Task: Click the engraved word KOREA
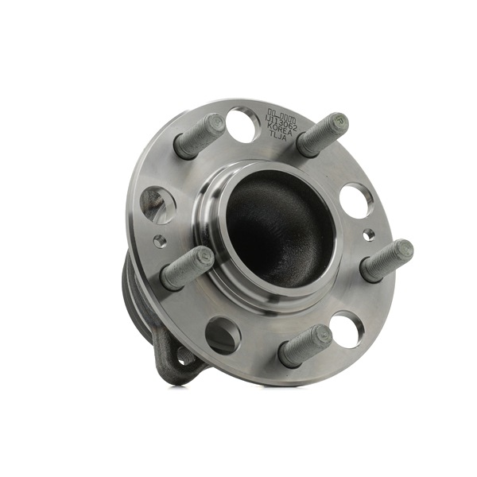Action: click(x=284, y=126)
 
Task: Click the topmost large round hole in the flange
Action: click(x=242, y=124)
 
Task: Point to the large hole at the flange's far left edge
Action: click(x=157, y=204)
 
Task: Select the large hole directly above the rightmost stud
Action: click(x=355, y=200)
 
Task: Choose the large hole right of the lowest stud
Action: click(x=346, y=328)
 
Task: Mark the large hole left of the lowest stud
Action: click(x=223, y=335)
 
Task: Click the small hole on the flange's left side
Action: click(x=160, y=240)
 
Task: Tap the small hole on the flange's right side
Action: click(x=367, y=235)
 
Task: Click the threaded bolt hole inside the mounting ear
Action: click(x=186, y=355)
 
